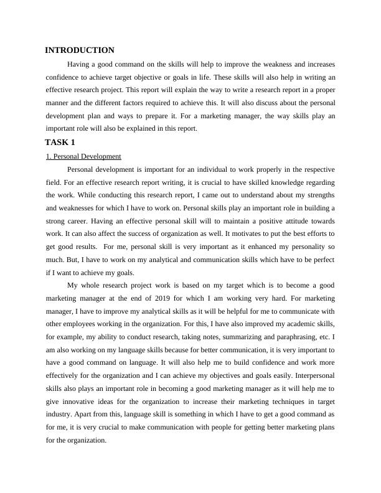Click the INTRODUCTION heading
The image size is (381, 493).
[80, 50]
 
